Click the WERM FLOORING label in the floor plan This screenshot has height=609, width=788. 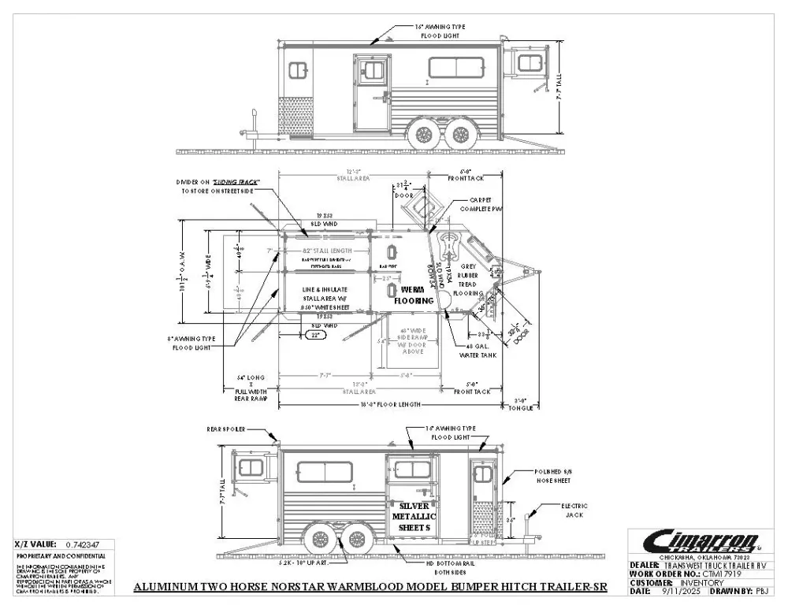pos(412,295)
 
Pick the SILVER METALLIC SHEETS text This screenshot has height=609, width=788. pos(412,516)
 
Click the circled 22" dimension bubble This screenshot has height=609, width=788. pos(316,335)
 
